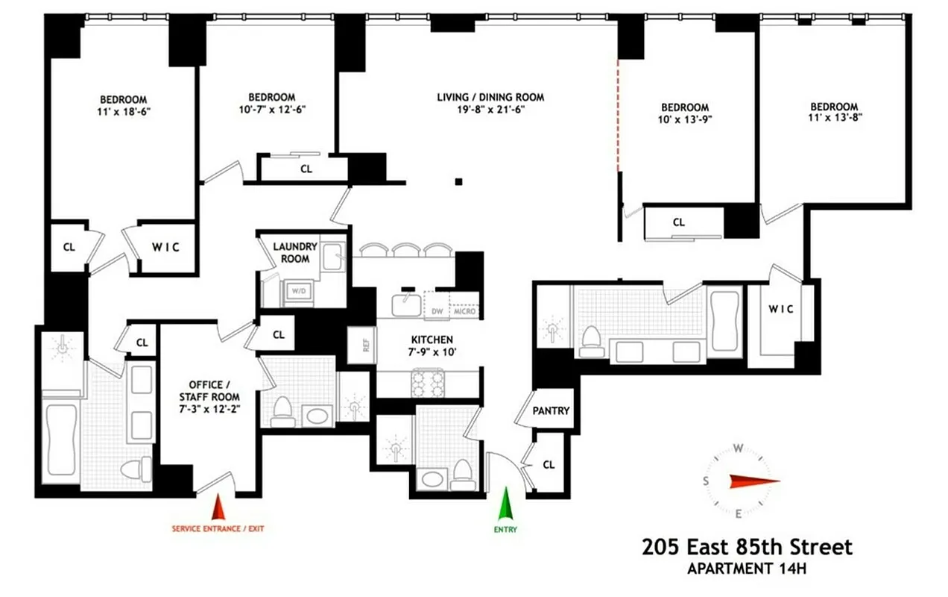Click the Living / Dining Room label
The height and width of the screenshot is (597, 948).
pyautogui.click(x=490, y=97)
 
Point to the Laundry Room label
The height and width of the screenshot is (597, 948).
pyautogui.click(x=294, y=252)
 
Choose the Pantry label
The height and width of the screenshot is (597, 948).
pyautogui.click(x=551, y=410)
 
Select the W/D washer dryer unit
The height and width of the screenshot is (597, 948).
pyautogui.click(x=298, y=290)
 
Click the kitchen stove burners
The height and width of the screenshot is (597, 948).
pyautogui.click(x=429, y=383)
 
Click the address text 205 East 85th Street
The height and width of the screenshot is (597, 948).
pyautogui.click(x=747, y=547)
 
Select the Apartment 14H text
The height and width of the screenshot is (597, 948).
pyautogui.click(x=747, y=569)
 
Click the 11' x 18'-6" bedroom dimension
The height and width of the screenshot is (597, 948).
pyautogui.click(x=123, y=111)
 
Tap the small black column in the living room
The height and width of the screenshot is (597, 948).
pyautogui.click(x=460, y=181)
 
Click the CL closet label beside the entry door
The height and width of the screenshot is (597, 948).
pyautogui.click(x=549, y=464)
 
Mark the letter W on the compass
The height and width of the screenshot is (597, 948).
pyautogui.click(x=738, y=448)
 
